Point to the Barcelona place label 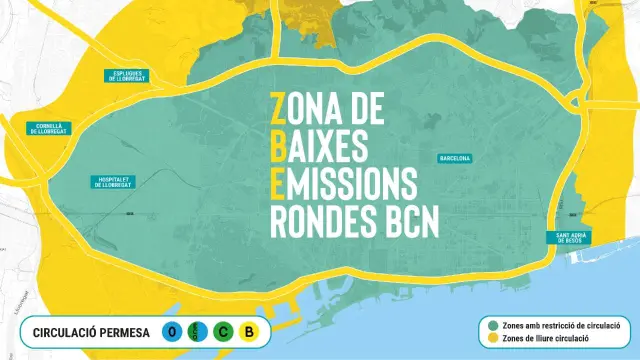pyautogui.click(x=455, y=158)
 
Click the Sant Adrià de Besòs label pyautogui.click(x=565, y=238)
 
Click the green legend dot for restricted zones pyautogui.click(x=494, y=324)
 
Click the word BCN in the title pyautogui.click(x=410, y=223)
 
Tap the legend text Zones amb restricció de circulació pyautogui.click(x=562, y=324)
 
